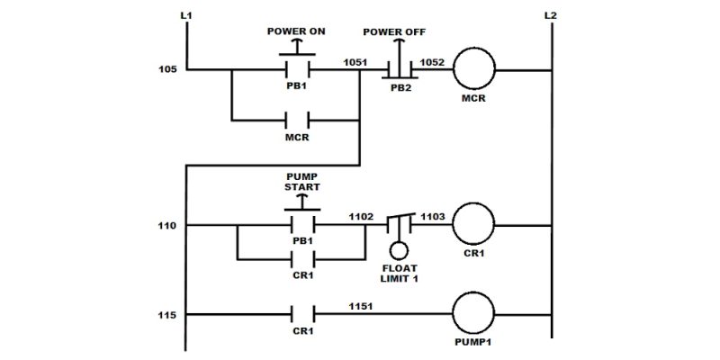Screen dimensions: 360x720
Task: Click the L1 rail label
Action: [188, 15]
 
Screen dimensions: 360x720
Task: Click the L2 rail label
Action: [551, 15]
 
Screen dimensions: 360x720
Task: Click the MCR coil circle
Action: [474, 68]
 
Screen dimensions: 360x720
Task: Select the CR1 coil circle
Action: [474, 225]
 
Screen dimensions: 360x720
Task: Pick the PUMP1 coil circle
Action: [474, 315]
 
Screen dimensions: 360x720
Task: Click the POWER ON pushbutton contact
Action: [297, 68]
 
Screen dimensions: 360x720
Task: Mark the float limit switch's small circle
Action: [399, 251]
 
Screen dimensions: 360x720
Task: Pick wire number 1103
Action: [434, 218]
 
